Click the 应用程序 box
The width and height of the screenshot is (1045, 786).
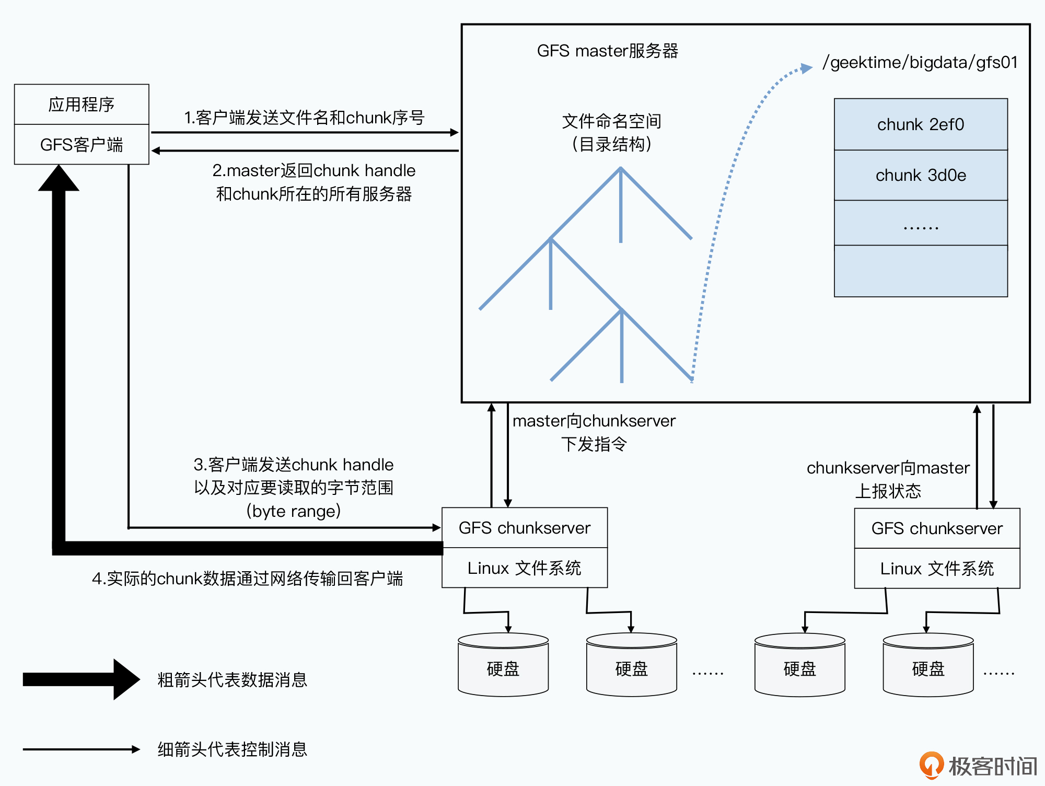coord(82,105)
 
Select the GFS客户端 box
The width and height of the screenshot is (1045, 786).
coord(82,144)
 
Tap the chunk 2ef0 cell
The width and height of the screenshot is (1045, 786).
coord(921,124)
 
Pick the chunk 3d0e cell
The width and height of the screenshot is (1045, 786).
coord(921,175)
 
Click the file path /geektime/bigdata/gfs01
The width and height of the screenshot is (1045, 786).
coord(920,62)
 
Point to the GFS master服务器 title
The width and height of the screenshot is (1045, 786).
coord(607,51)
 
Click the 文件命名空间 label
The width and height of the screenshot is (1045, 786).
coord(611,121)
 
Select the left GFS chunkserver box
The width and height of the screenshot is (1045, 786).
coord(525,528)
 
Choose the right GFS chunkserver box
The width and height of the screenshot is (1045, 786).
coord(937,528)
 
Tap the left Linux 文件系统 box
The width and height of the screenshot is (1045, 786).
coord(525,568)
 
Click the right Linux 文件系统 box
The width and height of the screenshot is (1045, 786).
coord(937,569)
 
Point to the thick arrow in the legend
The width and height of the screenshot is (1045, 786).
coord(81,679)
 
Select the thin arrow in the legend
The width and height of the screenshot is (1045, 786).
coord(81,749)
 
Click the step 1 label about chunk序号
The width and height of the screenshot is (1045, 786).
coord(304,118)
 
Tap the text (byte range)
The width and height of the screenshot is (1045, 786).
coord(294,511)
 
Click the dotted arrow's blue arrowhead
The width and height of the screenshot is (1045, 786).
coord(806,68)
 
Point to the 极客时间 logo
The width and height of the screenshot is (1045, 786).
coord(978,766)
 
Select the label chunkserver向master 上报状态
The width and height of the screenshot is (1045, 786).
coord(888,479)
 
